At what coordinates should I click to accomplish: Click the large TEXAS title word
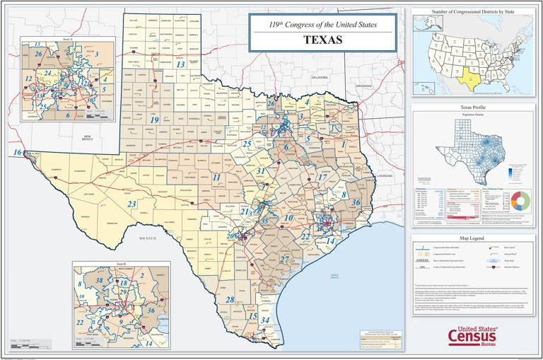[x=322, y=40]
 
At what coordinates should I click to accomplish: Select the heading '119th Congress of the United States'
[x=322, y=25]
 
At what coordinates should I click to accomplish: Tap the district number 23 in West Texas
[x=132, y=204]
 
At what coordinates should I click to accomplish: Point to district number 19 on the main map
[x=154, y=120]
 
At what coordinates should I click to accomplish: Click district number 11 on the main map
[x=217, y=178]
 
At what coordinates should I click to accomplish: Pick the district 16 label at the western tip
[x=16, y=152]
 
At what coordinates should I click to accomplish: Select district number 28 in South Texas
[x=230, y=299]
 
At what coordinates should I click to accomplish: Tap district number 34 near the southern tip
[x=265, y=320]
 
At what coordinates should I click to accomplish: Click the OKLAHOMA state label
[x=320, y=77]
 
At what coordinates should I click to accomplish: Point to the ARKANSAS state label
[x=363, y=85]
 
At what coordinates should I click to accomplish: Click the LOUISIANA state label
[x=384, y=175]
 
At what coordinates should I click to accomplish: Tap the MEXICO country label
[x=147, y=238]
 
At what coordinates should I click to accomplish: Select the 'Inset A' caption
[x=68, y=40]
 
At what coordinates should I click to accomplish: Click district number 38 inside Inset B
[x=100, y=281]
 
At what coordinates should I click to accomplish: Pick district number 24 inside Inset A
[x=47, y=72]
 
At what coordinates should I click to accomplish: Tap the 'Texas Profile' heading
[x=473, y=107]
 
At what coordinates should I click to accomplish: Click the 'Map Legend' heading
[x=473, y=238]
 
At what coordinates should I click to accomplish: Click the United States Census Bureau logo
[x=472, y=336]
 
